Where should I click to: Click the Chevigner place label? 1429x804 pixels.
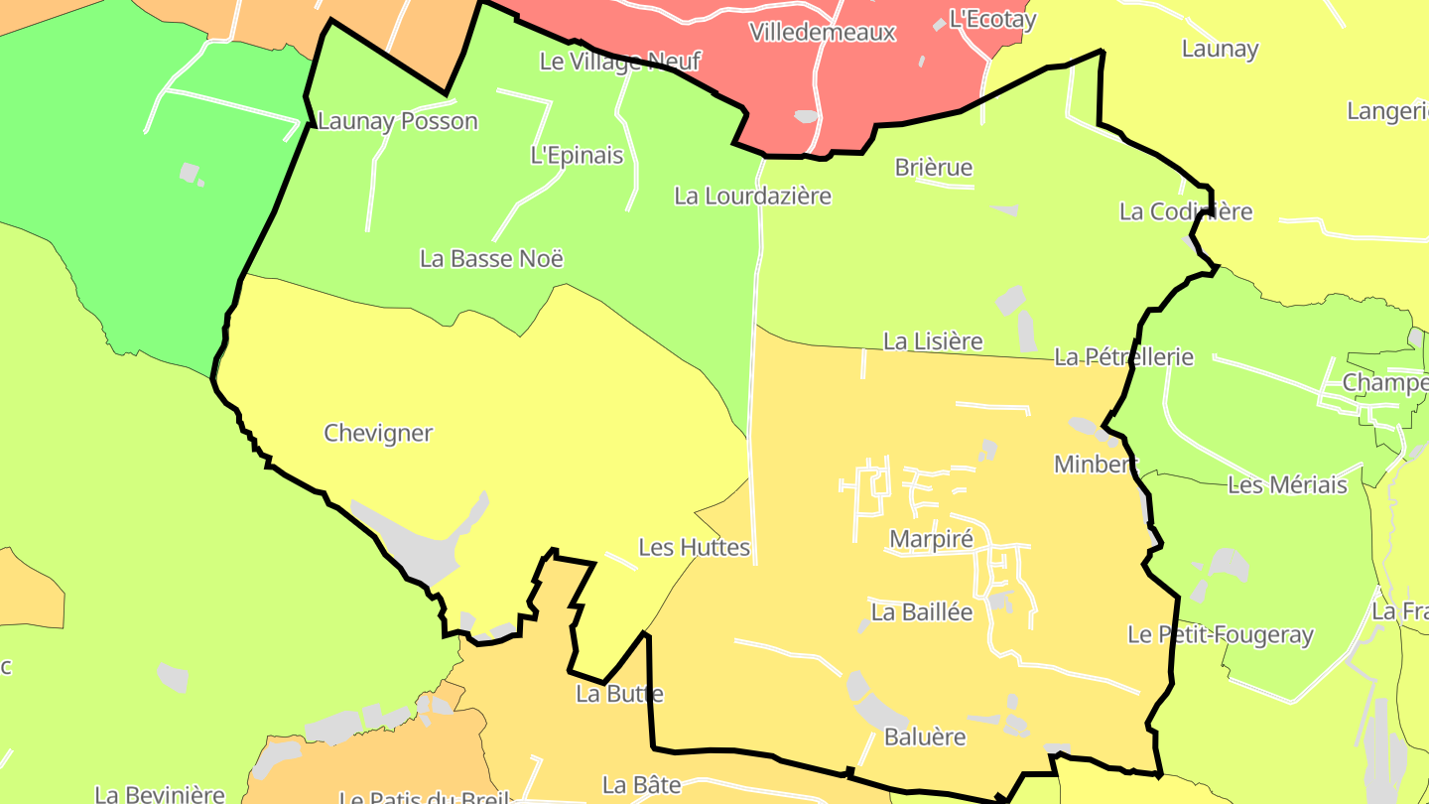pos(378,434)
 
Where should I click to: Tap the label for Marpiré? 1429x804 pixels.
pos(931,539)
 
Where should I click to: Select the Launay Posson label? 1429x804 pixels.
pos(397,122)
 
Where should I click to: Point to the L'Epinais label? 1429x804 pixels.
pos(577,156)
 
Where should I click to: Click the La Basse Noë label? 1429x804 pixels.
pos(491,259)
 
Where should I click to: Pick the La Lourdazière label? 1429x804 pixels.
pos(752,197)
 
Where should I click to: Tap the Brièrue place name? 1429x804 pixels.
pos(934,168)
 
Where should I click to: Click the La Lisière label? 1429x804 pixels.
pos(933,342)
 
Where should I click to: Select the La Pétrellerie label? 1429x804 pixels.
pos(1123,357)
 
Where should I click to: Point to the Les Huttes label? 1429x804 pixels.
pos(694,548)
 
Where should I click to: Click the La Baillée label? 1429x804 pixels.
pos(922,612)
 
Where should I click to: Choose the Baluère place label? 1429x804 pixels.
pos(925,737)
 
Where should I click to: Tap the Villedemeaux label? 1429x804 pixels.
pos(823,33)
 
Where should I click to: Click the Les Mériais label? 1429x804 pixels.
pos(1287,485)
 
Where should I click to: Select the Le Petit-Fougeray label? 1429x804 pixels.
pos(1220,635)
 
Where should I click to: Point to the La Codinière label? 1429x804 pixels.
pos(1185,211)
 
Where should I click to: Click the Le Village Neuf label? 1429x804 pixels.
pos(619,62)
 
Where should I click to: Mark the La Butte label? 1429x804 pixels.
pos(619,694)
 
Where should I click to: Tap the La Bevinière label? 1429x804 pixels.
pos(160,794)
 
